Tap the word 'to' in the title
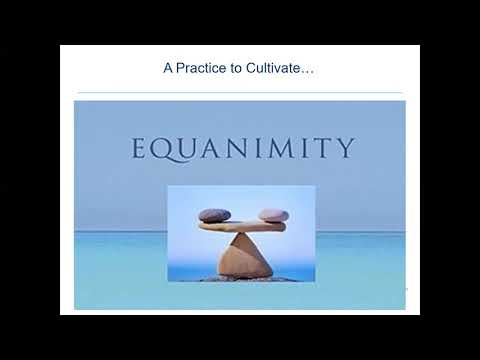[x=238, y=69]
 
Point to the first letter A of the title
[x=168, y=69]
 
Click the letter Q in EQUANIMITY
[x=163, y=149]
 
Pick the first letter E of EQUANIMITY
[x=140, y=149]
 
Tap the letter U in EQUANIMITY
[x=189, y=149]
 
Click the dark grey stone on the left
[x=214, y=215]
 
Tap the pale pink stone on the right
[x=273, y=215]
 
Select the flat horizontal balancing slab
[x=242, y=227]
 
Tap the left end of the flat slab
[x=204, y=227]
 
